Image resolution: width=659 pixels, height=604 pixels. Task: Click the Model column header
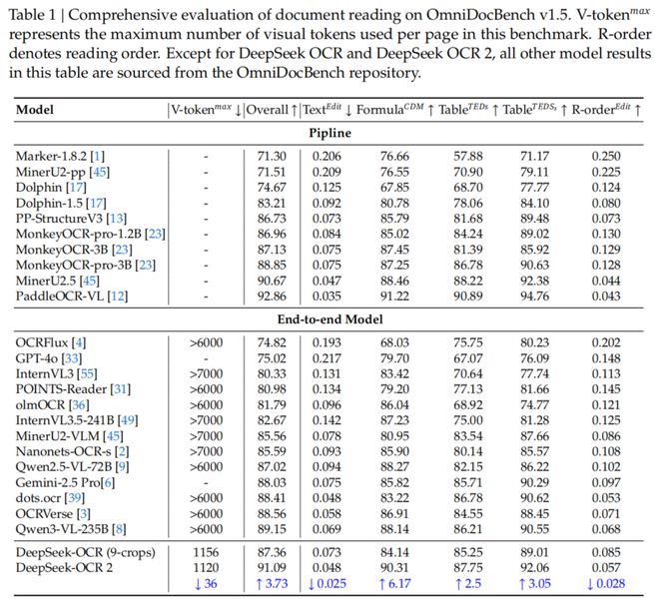pyautogui.click(x=36, y=109)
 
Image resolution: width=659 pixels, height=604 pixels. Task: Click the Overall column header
pyautogui.click(x=269, y=109)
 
